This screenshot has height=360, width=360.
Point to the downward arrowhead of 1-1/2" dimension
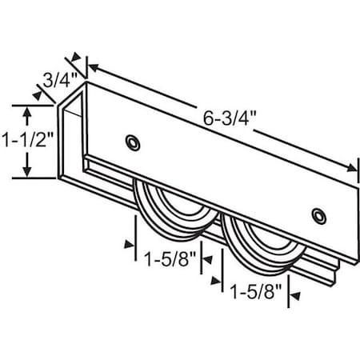30,174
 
